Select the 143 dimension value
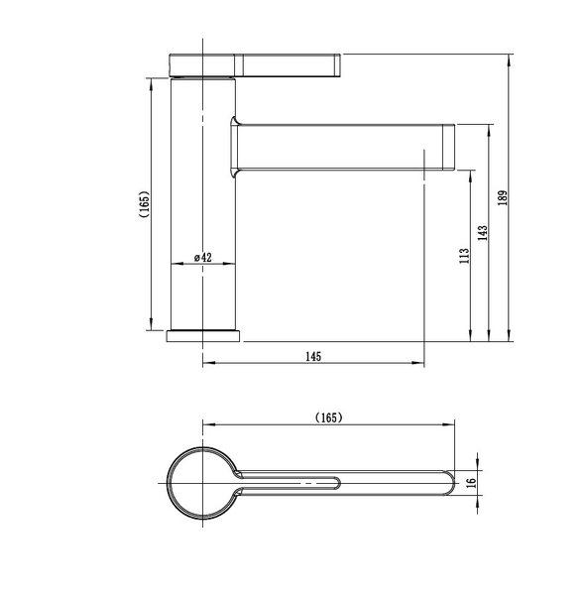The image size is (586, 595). coord(482,233)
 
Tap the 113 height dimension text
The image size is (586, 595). coord(464,256)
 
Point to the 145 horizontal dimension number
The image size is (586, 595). coord(313,356)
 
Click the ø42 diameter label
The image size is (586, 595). coord(202,257)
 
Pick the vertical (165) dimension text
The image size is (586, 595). coord(145,203)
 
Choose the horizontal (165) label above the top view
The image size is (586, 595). coord(328,417)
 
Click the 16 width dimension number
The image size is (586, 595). coord(471,483)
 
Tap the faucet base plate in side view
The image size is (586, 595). coord(203,336)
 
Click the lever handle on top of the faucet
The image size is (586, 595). coord(255,65)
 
